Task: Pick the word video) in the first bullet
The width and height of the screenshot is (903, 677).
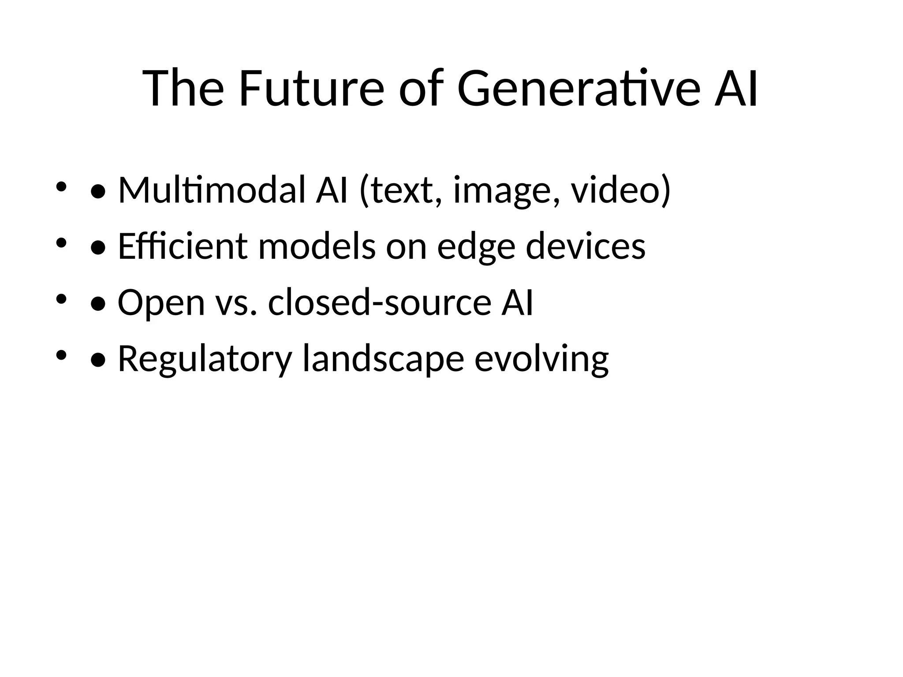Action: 621,190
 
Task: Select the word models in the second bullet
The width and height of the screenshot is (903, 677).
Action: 317,246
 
